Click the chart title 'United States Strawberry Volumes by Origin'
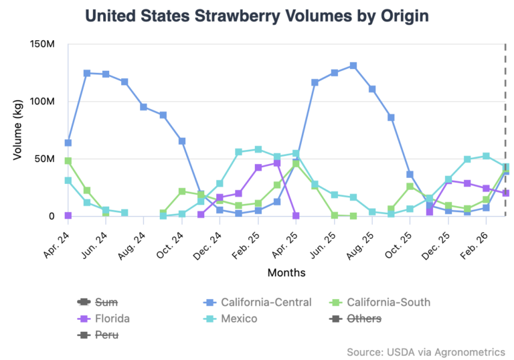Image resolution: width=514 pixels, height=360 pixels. pyautogui.click(x=257, y=15)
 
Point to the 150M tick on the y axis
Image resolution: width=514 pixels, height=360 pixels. pyautogui.click(x=41, y=44)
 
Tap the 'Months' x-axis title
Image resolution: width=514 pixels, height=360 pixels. pyautogui.click(x=286, y=272)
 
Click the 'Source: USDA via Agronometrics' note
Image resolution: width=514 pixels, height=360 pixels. pyautogui.click(x=425, y=351)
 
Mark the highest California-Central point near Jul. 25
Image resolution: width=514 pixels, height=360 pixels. pyautogui.click(x=353, y=66)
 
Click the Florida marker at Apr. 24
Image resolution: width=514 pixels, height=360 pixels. pyautogui.click(x=68, y=215)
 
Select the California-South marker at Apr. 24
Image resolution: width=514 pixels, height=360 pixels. pyautogui.click(x=68, y=161)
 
